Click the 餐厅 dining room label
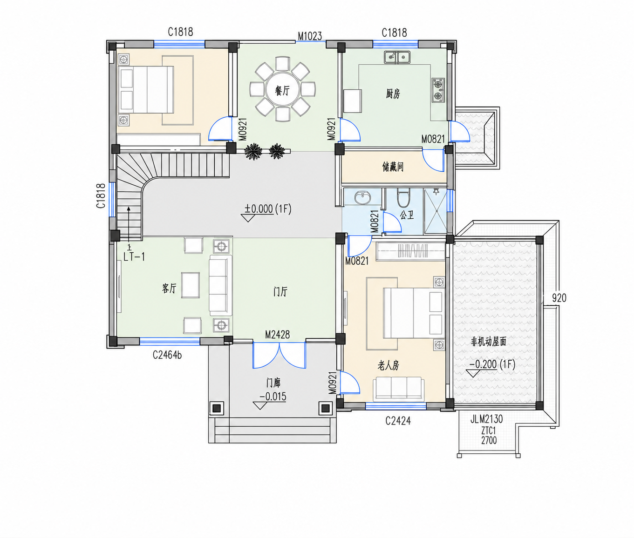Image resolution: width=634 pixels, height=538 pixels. click(282, 90)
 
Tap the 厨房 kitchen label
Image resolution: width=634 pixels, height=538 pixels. click(393, 94)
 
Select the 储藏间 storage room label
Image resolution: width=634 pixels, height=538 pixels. click(393, 167)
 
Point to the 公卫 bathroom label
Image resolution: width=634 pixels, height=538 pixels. click(407, 215)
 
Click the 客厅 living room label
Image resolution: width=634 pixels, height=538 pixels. click(169, 288)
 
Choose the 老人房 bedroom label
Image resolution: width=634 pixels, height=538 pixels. click(389, 365)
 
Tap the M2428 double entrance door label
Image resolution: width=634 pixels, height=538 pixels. click(277, 335)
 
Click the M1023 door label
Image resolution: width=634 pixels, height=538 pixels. click(310, 36)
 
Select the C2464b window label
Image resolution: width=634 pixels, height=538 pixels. click(167, 355)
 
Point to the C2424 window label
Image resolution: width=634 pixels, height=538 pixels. click(398, 421)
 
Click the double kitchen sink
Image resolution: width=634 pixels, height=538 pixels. click(397, 57)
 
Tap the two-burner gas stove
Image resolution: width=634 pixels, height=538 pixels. click(438, 90)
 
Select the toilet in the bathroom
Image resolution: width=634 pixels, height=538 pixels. click(403, 197)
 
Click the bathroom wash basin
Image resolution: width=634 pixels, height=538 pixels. click(363, 197)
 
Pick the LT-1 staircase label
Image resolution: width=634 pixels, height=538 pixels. click(134, 257)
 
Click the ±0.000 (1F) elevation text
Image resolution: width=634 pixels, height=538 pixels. click(268, 209)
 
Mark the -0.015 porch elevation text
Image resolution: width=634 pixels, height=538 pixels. click(273, 397)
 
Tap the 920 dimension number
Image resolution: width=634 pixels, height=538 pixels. click(559, 298)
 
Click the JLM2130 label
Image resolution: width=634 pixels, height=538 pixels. click(487, 419)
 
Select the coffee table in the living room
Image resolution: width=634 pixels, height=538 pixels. click(191, 285)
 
